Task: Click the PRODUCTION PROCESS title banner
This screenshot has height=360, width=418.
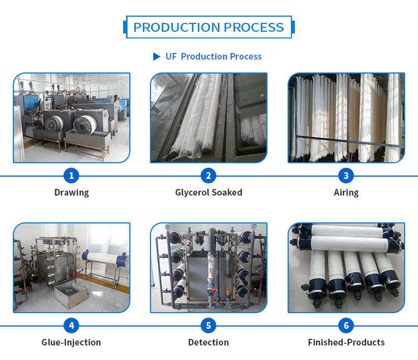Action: coord(208,27)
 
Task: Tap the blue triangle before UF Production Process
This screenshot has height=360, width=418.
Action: coord(157,56)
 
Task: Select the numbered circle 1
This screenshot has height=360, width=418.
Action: coord(71,176)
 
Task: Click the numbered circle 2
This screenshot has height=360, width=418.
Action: coord(208,176)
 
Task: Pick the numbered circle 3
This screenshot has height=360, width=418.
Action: coord(346,176)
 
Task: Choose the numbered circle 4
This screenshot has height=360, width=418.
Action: coord(71,326)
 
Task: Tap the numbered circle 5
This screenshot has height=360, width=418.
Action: coord(208,326)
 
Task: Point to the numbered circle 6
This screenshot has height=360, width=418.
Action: coord(346,326)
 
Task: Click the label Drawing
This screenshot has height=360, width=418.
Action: coord(71,193)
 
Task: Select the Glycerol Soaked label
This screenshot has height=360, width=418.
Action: coord(208,193)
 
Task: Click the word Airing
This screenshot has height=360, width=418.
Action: coord(346,193)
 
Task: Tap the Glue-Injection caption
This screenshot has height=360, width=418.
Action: coord(71,342)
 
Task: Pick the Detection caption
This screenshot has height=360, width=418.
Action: coord(208,342)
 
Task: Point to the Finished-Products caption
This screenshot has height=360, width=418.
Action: coord(346,342)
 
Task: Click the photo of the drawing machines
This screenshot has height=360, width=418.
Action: coord(71,118)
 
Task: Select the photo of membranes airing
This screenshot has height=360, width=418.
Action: coord(346,118)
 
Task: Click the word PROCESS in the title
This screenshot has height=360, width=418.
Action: coord(254,27)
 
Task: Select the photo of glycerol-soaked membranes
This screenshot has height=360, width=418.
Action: coord(208,118)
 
